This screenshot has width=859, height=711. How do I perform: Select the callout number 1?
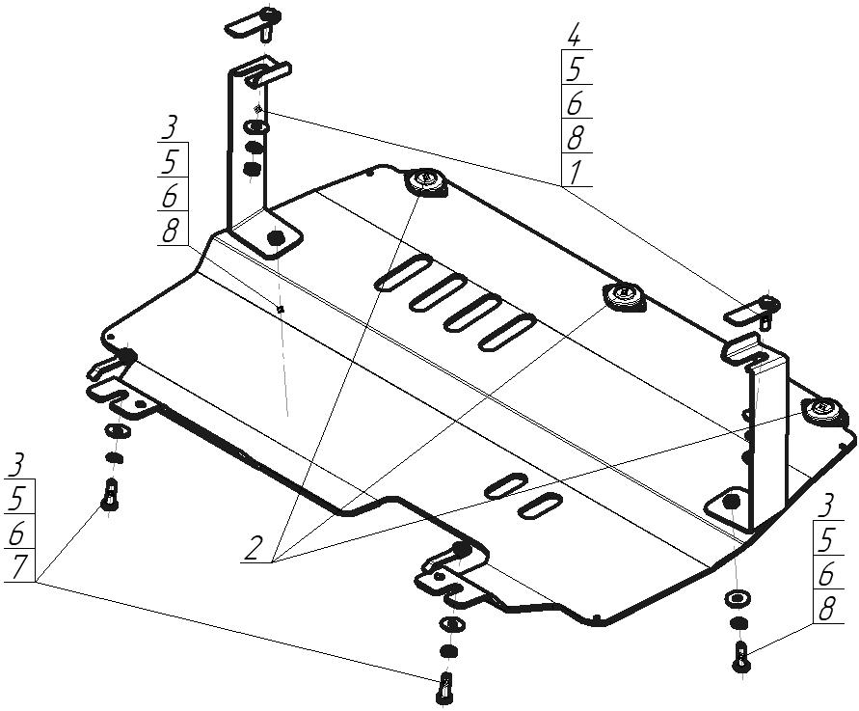coord(574,172)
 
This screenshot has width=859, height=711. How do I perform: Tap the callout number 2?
coord(254,547)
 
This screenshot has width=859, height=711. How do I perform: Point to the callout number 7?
coord(17,567)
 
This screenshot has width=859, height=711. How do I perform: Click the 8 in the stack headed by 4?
coord(575,138)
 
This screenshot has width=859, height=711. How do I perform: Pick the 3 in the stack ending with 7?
coord(17,465)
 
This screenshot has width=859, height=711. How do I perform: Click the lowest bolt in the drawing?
coord(444,688)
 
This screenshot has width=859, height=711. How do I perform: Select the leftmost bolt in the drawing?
coord(110,495)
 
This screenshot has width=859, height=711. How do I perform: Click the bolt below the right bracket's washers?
coord(740,656)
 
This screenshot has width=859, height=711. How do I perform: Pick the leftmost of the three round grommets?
coord(426,181)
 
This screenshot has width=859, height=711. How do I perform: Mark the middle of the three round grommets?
coord(624,296)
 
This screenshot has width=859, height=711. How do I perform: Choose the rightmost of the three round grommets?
coord(821,410)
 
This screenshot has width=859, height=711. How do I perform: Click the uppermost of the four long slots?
coord(403,272)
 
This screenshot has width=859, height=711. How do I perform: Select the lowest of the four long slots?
coord(507,333)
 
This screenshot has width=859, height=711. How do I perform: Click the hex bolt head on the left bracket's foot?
coord(276,238)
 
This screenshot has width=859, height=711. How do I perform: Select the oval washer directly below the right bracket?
coord(738,599)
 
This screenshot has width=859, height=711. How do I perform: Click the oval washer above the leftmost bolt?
coord(117,431)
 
